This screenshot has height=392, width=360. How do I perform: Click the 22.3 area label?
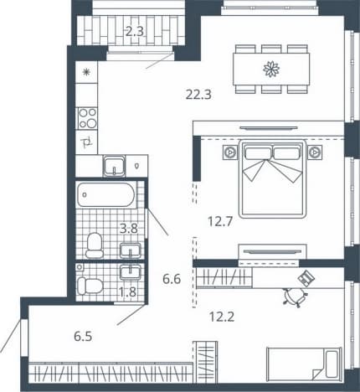(198, 95)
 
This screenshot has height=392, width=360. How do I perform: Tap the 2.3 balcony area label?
(135, 31)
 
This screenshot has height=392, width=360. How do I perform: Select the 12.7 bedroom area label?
(220, 222)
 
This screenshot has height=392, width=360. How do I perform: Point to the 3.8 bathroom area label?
(129, 229)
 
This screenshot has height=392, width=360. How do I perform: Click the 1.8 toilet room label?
(127, 292)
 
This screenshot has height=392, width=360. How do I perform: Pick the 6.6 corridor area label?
(172, 279)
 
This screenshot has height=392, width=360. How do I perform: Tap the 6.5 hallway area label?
(83, 337)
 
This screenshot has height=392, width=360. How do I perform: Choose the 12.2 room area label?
(222, 317)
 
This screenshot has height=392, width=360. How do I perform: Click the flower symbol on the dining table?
(271, 69)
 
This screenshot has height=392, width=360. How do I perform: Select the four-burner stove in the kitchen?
(87, 118)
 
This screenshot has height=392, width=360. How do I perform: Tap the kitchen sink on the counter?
(114, 166)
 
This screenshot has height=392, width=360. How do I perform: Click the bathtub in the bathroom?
(105, 194)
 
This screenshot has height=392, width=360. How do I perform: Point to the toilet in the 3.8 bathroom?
(94, 245)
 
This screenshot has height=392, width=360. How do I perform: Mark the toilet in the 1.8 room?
(90, 286)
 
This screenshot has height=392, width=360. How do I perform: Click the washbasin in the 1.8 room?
(131, 272)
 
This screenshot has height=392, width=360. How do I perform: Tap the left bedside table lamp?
(230, 152)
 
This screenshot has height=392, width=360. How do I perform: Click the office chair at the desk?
(295, 297)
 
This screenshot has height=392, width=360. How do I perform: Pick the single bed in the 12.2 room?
(304, 364)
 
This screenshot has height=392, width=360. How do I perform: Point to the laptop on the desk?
(306, 277)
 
